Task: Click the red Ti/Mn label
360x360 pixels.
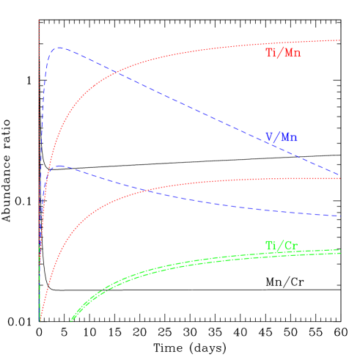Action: point(283,53)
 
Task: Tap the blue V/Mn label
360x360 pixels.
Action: point(282,137)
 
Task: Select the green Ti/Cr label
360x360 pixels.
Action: point(282,245)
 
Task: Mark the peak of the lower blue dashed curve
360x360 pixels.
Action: point(59,166)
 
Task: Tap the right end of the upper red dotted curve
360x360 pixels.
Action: point(340,40)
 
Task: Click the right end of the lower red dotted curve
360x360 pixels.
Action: point(340,178)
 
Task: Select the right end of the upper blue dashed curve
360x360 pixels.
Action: point(340,175)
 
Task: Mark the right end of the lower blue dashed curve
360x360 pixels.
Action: point(340,216)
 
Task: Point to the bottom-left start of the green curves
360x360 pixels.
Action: point(71,320)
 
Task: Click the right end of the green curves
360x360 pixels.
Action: point(340,251)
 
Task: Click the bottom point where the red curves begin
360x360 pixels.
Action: point(39,320)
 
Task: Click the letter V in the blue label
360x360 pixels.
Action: point(269,137)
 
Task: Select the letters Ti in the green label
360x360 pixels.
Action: point(271,245)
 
